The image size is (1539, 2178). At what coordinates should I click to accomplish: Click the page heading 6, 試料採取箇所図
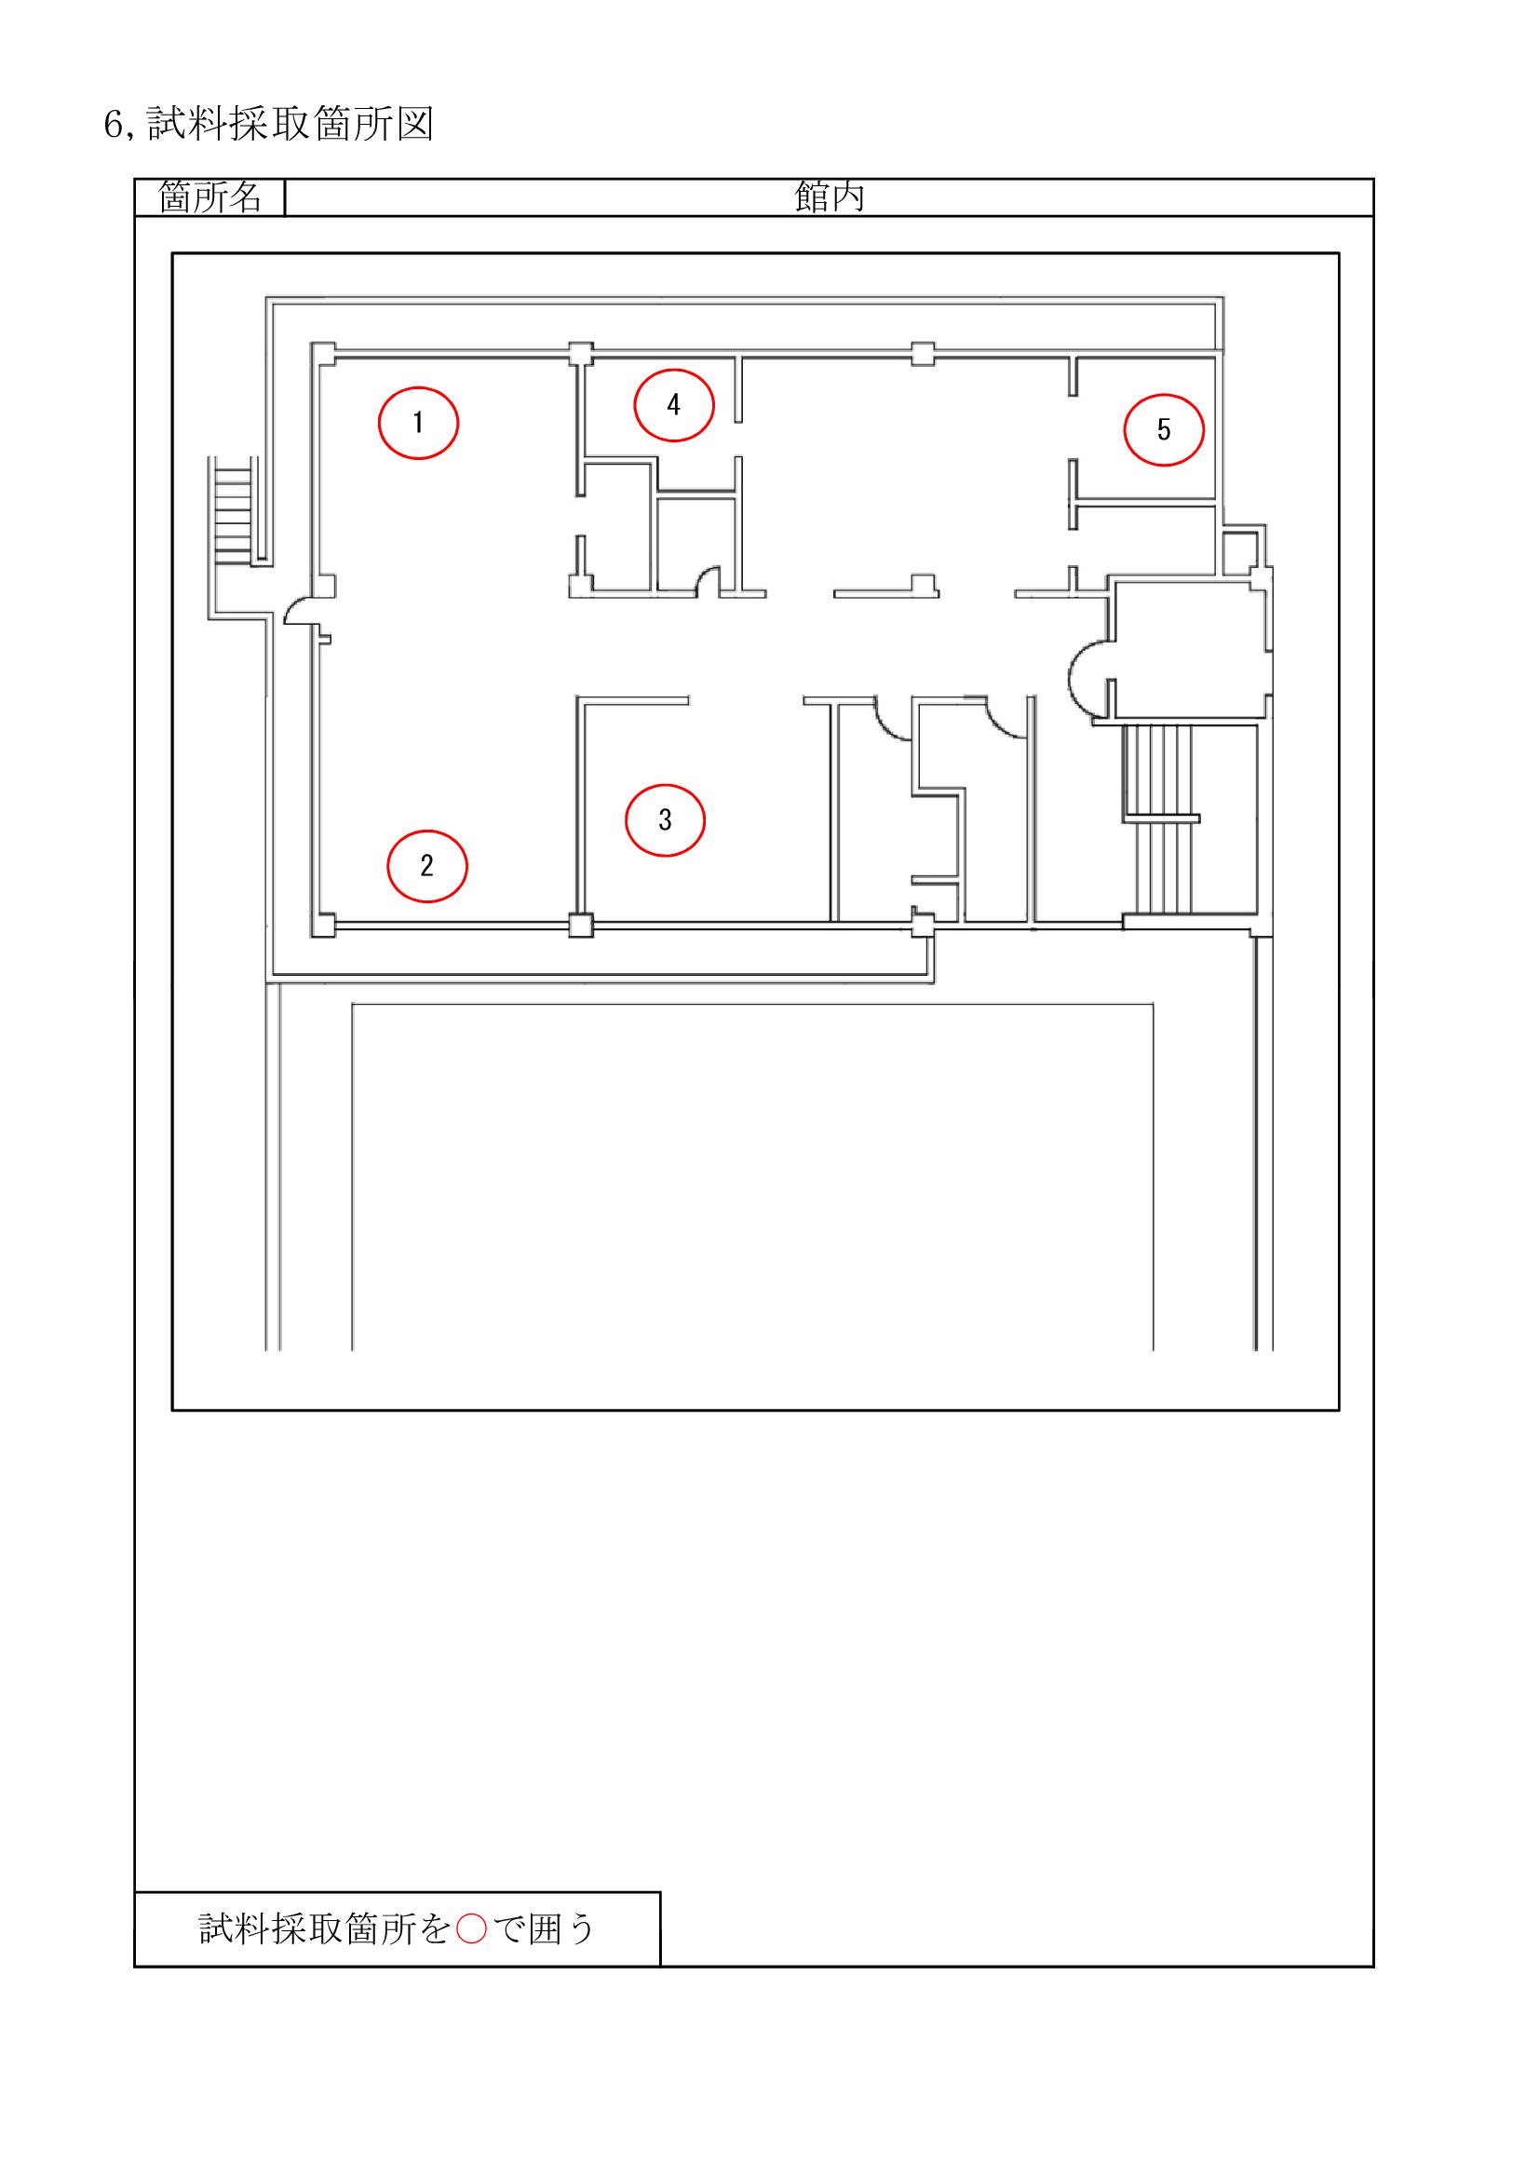tap(268, 124)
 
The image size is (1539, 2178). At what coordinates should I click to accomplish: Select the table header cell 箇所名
tap(209, 197)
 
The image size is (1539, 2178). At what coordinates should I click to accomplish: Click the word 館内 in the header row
tap(829, 197)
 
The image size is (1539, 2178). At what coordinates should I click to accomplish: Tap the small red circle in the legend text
tap(471, 1928)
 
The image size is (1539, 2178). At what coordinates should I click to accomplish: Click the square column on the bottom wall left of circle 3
tap(581, 925)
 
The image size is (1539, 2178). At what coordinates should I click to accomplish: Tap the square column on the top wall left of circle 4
tap(581, 354)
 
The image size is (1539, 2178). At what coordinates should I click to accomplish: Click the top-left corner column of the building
tap(323, 354)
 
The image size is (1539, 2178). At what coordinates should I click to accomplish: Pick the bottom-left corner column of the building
tap(323, 925)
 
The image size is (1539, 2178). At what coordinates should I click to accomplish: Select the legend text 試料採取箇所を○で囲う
tap(397, 1928)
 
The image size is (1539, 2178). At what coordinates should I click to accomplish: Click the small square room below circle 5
tap(1238, 552)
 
